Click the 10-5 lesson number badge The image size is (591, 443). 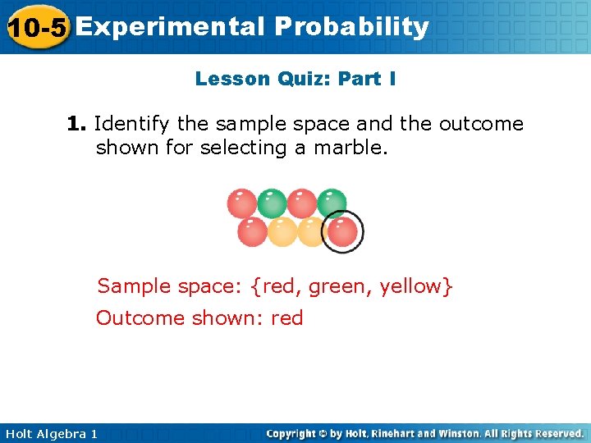point(37,27)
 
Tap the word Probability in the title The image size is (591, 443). point(352,27)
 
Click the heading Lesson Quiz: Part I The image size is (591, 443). point(295,79)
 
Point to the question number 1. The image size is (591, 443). point(76,124)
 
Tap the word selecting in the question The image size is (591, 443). point(243,148)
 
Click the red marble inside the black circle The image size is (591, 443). point(342,231)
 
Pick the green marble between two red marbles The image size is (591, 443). point(272,203)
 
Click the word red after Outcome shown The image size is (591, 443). point(286,317)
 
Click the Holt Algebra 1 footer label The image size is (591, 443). point(49,433)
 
